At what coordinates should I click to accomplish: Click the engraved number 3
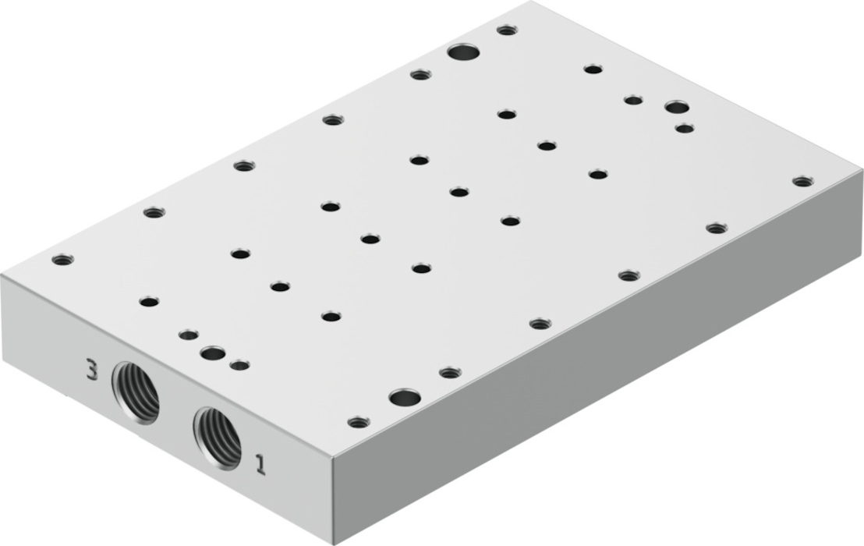tap(92, 369)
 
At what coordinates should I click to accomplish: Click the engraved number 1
tap(260, 464)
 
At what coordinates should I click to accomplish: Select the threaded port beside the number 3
tap(135, 392)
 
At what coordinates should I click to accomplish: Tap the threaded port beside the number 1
tap(217, 438)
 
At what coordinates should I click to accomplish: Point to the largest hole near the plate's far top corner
tap(463, 53)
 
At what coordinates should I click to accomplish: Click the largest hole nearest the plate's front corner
tap(405, 397)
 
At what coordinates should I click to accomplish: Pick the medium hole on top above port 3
tap(213, 353)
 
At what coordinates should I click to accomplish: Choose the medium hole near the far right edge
tap(677, 106)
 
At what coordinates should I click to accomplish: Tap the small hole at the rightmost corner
tap(803, 181)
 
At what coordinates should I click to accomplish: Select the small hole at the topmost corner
tap(507, 30)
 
